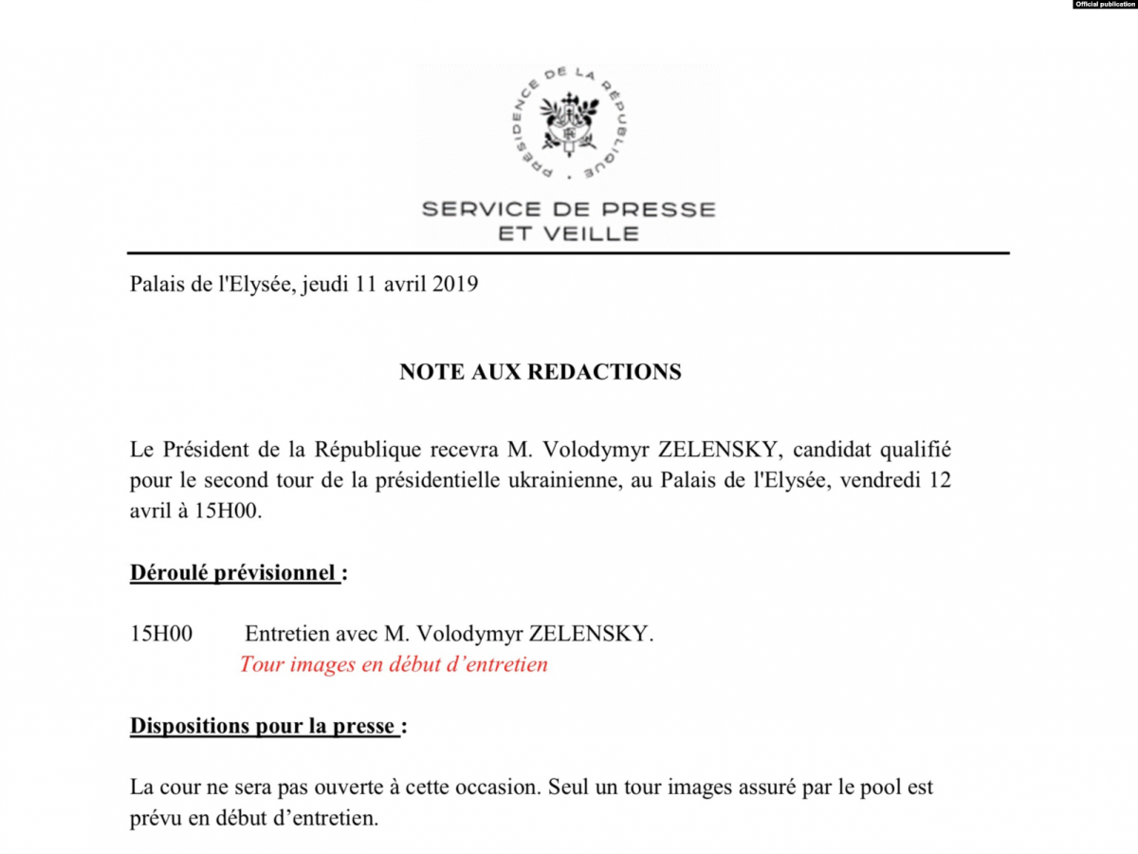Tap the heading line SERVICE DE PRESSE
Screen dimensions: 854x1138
pos(568,209)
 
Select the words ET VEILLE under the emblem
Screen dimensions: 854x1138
pos(568,233)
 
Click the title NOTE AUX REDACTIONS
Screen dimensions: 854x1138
pos(540,372)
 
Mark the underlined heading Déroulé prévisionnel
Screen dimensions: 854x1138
pos(233,573)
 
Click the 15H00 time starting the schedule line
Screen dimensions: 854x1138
pos(161,634)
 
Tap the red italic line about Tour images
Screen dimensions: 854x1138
pos(394,664)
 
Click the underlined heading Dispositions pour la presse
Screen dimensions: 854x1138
pos(263,727)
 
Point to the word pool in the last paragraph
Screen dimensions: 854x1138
pos(885,788)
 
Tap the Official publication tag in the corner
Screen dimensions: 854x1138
pos(1105,5)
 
